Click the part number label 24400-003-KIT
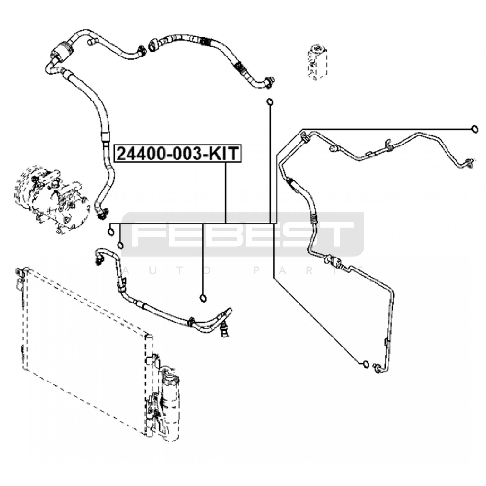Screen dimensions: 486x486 177,153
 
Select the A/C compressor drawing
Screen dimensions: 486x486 52,199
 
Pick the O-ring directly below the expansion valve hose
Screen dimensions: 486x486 270,101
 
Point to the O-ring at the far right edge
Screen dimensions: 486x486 475,129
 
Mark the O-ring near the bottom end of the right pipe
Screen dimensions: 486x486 366,364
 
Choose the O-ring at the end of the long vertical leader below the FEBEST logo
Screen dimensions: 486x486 203,298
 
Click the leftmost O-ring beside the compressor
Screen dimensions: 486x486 111,232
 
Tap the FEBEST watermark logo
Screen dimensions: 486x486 243,234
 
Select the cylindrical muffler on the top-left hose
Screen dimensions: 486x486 62,50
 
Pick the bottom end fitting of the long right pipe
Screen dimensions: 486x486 377,368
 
